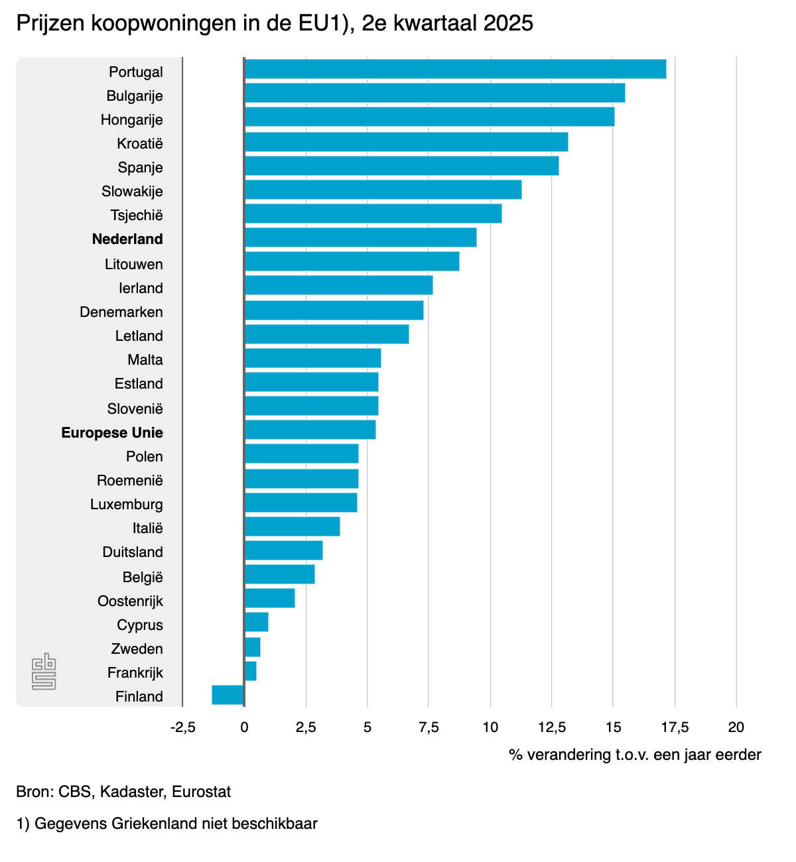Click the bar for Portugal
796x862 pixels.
[x=455, y=69]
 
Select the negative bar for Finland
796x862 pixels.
[x=228, y=695]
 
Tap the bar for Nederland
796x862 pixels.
[x=360, y=237]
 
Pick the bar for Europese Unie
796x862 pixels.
[x=310, y=430]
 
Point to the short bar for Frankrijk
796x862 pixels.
[x=251, y=671]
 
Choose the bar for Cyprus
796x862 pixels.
[x=257, y=622]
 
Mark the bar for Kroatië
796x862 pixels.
[x=406, y=142]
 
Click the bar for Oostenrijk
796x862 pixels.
[x=270, y=598]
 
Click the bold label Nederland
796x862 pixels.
[x=127, y=239]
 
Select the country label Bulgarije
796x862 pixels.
[x=135, y=96]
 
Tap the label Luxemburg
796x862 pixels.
[x=127, y=505]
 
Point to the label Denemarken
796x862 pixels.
[x=121, y=312]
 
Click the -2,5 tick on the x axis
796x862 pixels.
[x=182, y=727]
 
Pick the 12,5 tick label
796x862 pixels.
[x=552, y=727]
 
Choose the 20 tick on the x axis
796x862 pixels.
[x=736, y=727]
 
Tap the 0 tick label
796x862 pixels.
[x=244, y=727]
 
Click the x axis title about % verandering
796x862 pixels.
[x=635, y=755]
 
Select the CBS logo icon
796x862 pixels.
[x=44, y=671]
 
